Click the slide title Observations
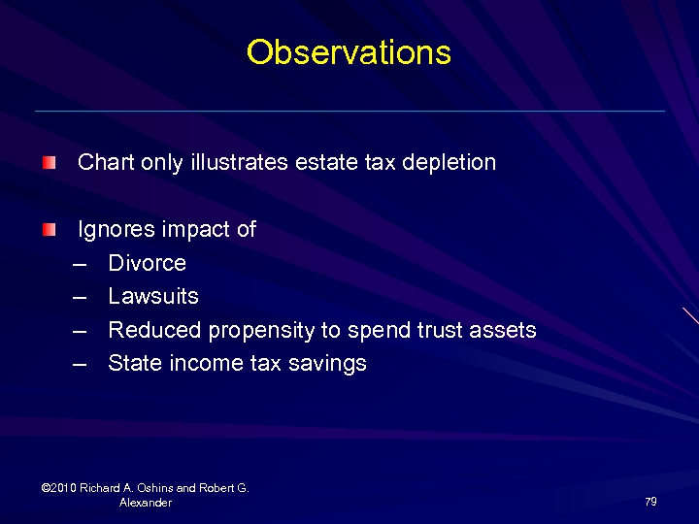click(349, 52)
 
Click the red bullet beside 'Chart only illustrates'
click(49, 162)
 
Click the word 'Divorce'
click(147, 263)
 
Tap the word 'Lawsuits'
click(153, 296)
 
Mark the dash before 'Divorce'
click(80, 264)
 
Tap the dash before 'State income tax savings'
click(80, 364)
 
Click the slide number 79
click(650, 502)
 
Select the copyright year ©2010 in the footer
click(60, 488)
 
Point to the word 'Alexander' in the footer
click(146, 503)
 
